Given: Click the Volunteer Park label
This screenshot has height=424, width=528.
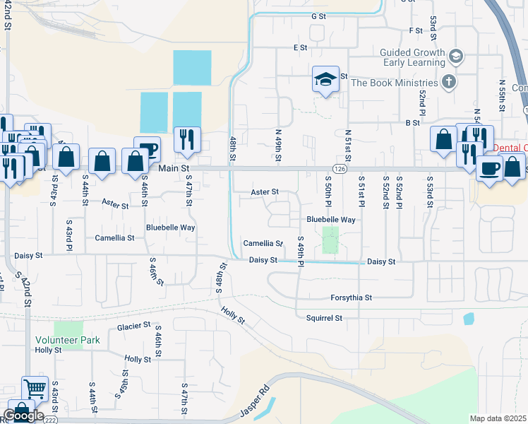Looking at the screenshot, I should click(68, 340).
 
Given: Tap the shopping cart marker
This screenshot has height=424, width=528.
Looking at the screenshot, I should click(35, 388).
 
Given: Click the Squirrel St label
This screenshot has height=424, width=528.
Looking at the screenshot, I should click(324, 318).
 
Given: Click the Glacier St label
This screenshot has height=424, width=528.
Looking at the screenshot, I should click(134, 326).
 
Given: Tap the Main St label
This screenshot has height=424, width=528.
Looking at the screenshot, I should click(175, 169).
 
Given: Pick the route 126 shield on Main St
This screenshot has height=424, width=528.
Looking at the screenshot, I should click(340, 169).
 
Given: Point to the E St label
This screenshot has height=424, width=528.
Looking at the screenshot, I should click(301, 47).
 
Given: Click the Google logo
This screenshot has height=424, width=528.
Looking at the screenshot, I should click(23, 416).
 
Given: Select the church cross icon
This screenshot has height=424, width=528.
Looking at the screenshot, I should click(448, 82).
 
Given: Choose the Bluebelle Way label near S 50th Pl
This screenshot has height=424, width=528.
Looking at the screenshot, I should click(330, 220).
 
